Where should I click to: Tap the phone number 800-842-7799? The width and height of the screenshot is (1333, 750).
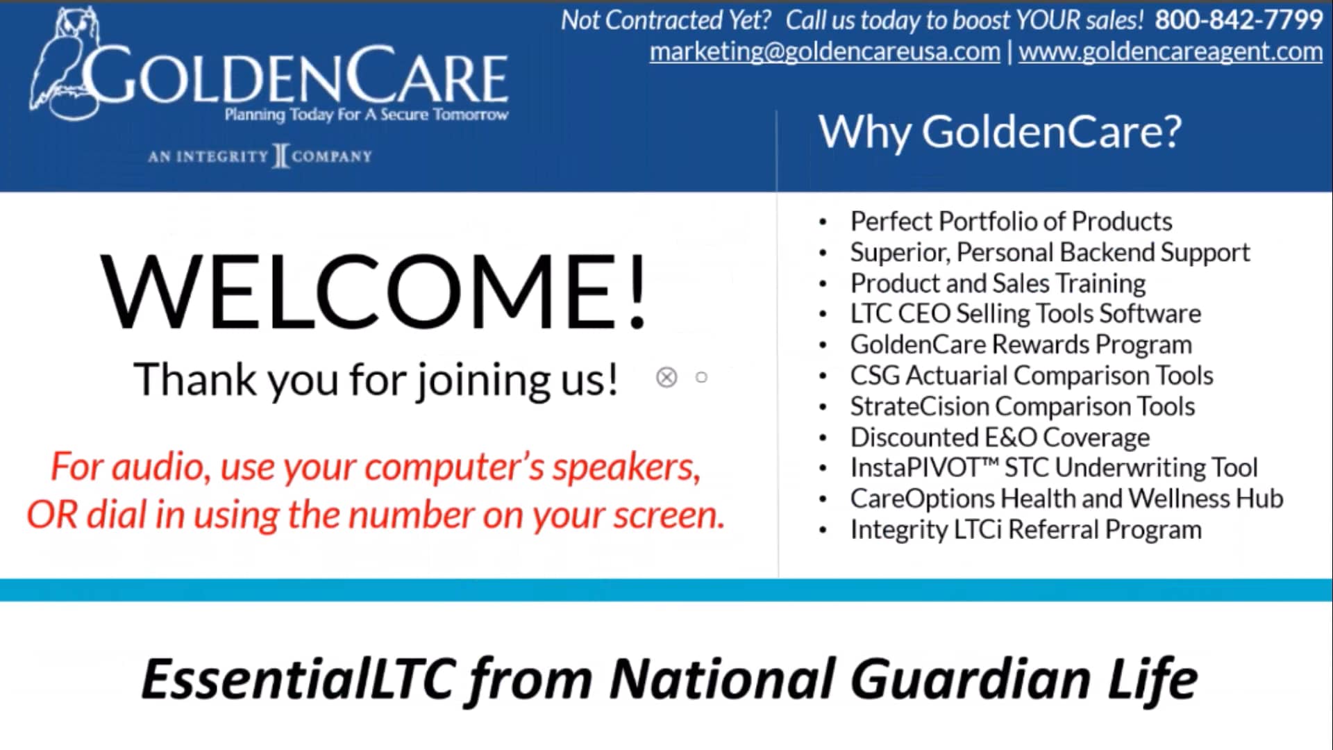click(x=1238, y=20)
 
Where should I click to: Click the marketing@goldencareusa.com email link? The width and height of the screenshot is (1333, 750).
click(x=824, y=51)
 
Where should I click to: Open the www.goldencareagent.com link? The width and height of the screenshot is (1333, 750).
click(x=1170, y=51)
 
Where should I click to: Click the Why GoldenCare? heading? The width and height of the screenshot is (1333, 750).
click(x=999, y=131)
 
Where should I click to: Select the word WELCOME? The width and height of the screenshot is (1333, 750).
click(x=374, y=291)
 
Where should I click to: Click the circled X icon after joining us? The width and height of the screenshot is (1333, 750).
click(x=666, y=377)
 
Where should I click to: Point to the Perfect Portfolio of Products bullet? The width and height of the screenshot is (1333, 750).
click(x=1010, y=222)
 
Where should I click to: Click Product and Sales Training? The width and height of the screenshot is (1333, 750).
click(x=998, y=283)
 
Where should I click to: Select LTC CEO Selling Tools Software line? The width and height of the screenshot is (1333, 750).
click(x=1025, y=314)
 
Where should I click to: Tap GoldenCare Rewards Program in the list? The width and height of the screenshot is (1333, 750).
click(x=1021, y=344)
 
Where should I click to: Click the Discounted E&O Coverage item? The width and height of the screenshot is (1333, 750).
click(x=1000, y=437)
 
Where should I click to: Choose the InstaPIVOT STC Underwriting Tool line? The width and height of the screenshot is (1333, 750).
click(x=1053, y=468)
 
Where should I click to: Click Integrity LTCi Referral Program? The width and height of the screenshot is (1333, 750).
click(x=1025, y=530)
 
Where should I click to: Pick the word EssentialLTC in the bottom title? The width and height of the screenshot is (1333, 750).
click(x=299, y=679)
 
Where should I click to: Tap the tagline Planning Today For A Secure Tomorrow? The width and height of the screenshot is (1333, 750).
click(x=366, y=115)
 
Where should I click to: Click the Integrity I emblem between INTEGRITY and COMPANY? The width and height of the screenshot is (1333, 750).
click(x=280, y=156)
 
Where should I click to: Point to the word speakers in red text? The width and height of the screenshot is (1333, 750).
click(x=625, y=467)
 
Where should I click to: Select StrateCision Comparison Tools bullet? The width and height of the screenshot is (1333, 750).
click(x=1022, y=406)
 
